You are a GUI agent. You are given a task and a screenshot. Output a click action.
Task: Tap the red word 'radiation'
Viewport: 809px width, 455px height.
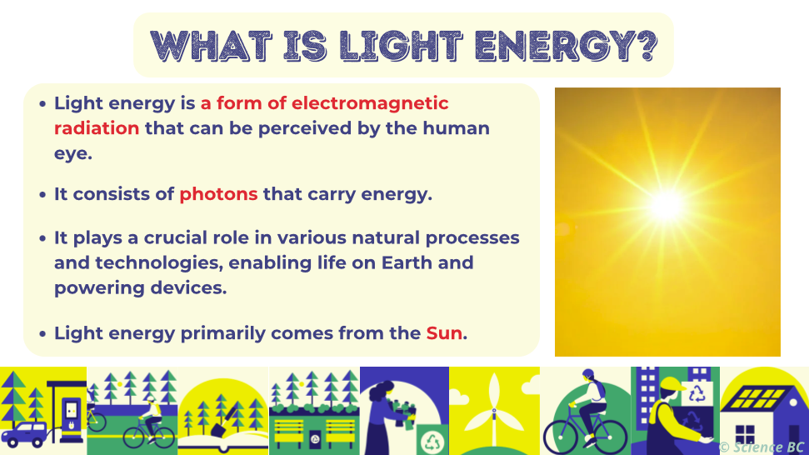(97, 128)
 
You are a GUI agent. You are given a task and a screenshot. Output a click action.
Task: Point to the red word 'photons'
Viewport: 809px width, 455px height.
(218, 194)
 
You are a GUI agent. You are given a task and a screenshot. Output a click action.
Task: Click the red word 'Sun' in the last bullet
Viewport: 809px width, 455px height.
(444, 333)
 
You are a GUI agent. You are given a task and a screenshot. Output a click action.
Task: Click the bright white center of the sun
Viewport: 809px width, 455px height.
(666, 204)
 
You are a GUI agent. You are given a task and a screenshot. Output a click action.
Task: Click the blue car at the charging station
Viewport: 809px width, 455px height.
(25, 434)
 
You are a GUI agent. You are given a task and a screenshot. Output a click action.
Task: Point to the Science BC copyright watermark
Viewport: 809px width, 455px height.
(762, 447)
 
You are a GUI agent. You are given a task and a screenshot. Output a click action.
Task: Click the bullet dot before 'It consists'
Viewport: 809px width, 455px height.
(43, 194)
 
